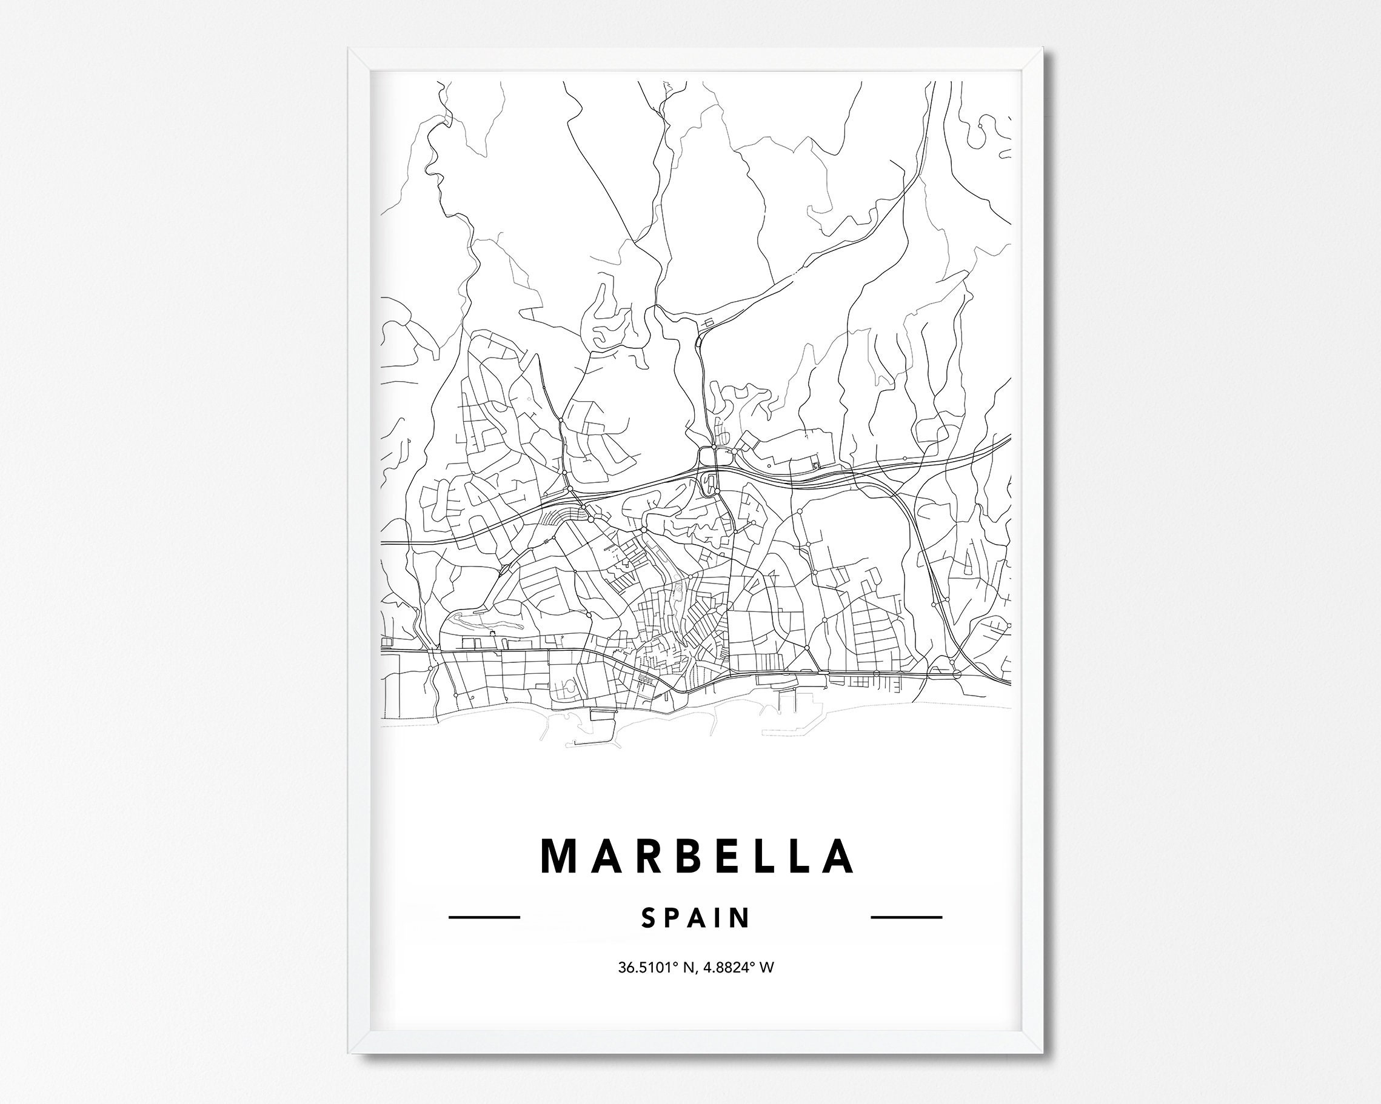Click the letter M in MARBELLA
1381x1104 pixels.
(x=561, y=856)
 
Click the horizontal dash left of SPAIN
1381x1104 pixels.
(x=484, y=917)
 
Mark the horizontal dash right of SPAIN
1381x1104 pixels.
(x=906, y=917)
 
